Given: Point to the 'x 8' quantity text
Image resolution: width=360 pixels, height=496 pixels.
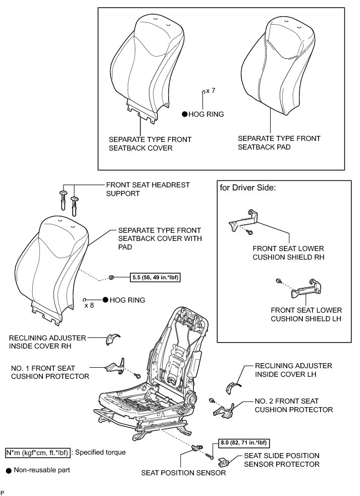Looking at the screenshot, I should click(x=89, y=305).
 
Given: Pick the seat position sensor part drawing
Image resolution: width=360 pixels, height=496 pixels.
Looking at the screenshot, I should click(x=198, y=448).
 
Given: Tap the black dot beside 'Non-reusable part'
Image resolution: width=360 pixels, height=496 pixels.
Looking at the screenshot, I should click(x=8, y=470).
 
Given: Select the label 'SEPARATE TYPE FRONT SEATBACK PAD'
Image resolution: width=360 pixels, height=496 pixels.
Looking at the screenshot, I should click(x=279, y=142).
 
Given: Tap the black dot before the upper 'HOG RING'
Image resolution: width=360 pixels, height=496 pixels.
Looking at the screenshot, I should click(x=185, y=115).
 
